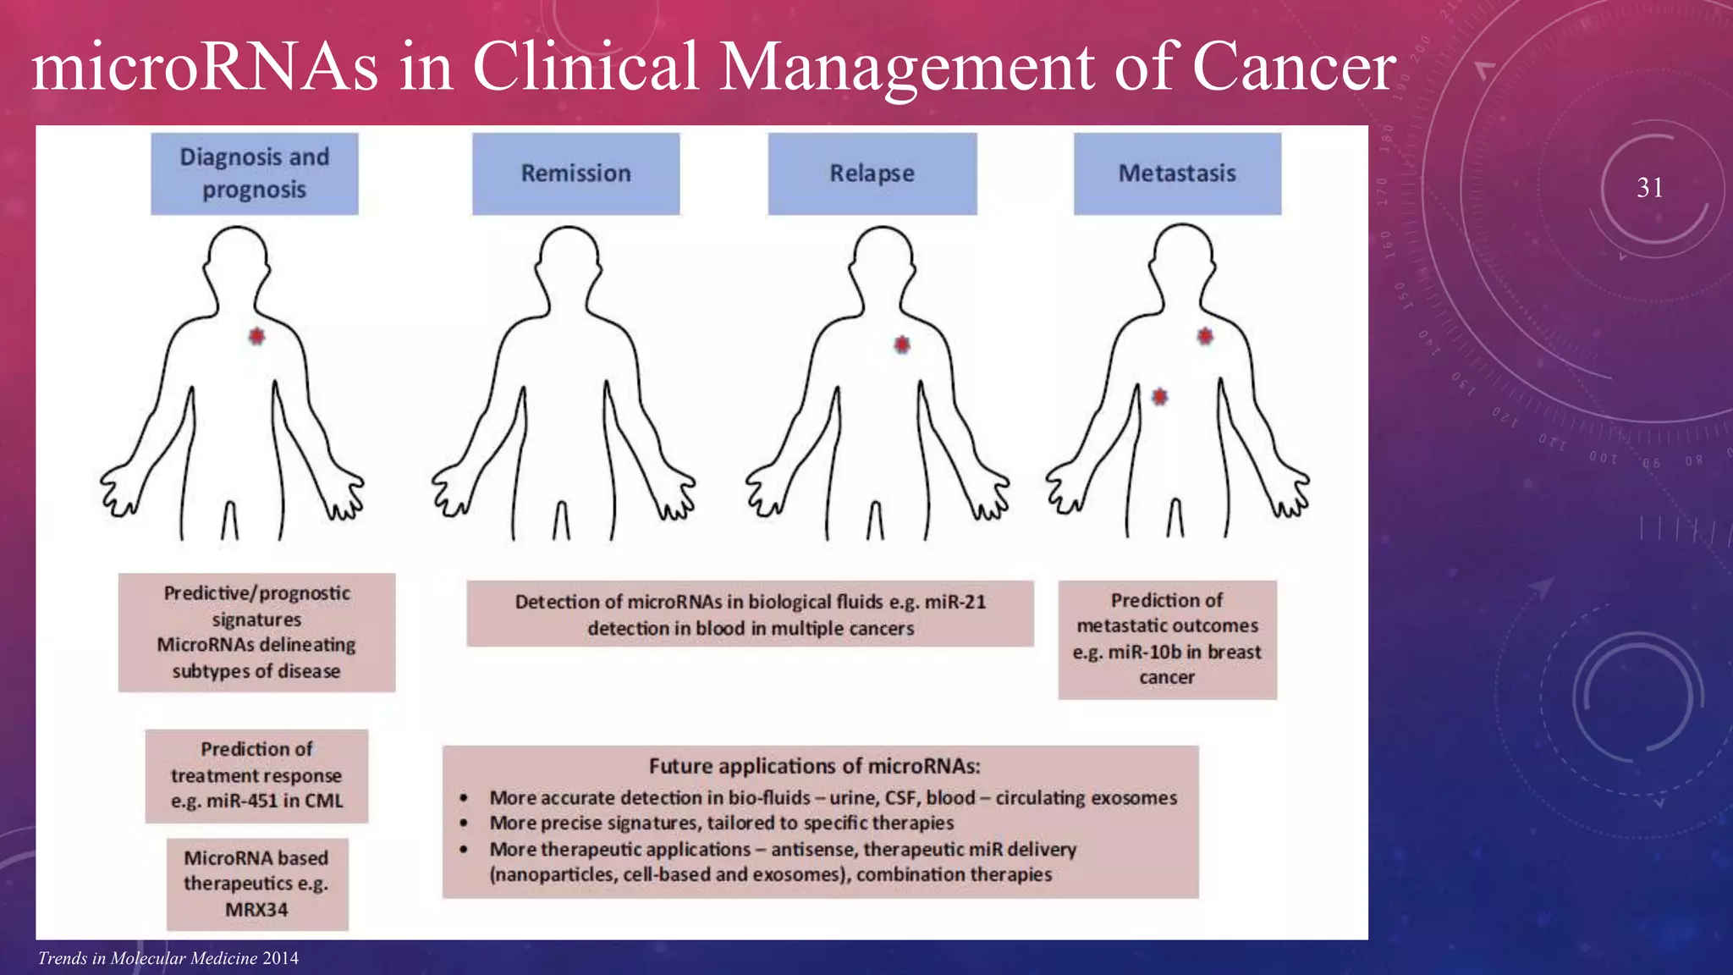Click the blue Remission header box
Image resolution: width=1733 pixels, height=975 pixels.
(575, 174)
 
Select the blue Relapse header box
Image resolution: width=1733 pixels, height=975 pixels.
(872, 174)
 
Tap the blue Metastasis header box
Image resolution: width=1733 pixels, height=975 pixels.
(1177, 174)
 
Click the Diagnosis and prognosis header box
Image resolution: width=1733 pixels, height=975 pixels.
(254, 174)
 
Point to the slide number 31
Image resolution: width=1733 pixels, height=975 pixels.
(1649, 187)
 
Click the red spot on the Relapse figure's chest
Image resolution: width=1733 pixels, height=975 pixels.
(902, 344)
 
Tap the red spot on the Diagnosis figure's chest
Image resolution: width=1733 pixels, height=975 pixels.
(256, 336)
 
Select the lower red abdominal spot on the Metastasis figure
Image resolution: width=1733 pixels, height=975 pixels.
(1159, 396)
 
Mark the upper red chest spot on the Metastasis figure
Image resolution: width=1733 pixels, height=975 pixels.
(1205, 336)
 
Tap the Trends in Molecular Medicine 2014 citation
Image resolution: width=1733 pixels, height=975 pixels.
(168, 958)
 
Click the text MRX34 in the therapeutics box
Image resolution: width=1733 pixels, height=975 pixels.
(256, 910)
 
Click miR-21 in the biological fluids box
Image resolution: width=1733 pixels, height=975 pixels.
(955, 602)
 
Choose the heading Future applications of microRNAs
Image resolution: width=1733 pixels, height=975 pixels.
(814, 766)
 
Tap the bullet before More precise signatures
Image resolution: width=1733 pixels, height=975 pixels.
(464, 823)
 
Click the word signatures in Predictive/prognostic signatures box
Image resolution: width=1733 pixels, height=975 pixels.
(256, 620)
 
